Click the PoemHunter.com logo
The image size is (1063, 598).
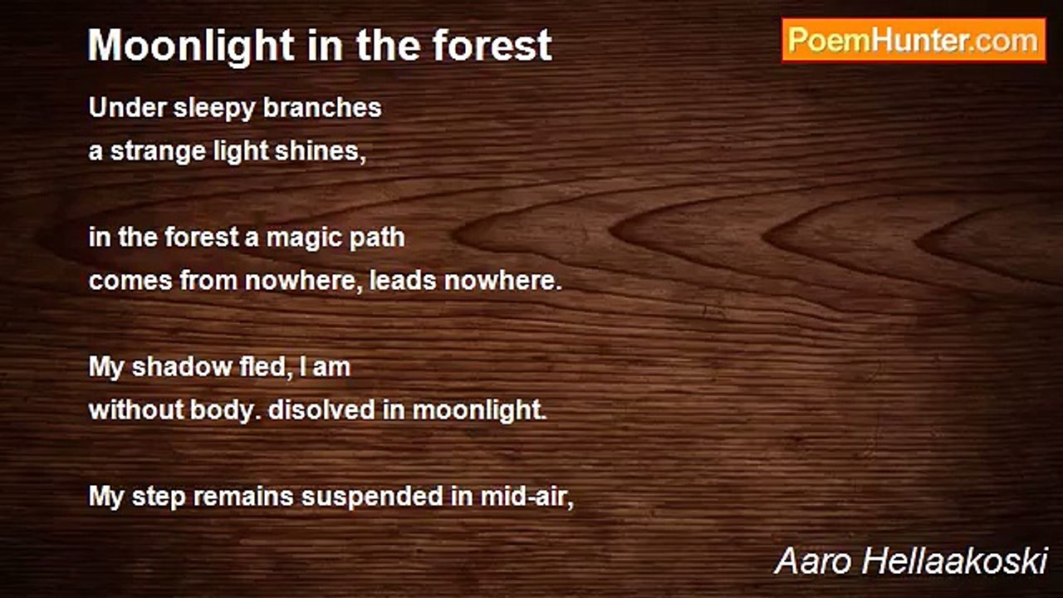914,41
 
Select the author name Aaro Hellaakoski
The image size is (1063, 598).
911,561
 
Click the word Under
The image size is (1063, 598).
127,107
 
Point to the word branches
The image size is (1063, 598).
322,107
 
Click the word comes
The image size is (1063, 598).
130,282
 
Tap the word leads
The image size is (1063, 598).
403,280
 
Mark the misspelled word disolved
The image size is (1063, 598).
321,409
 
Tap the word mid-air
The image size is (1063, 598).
527,497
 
